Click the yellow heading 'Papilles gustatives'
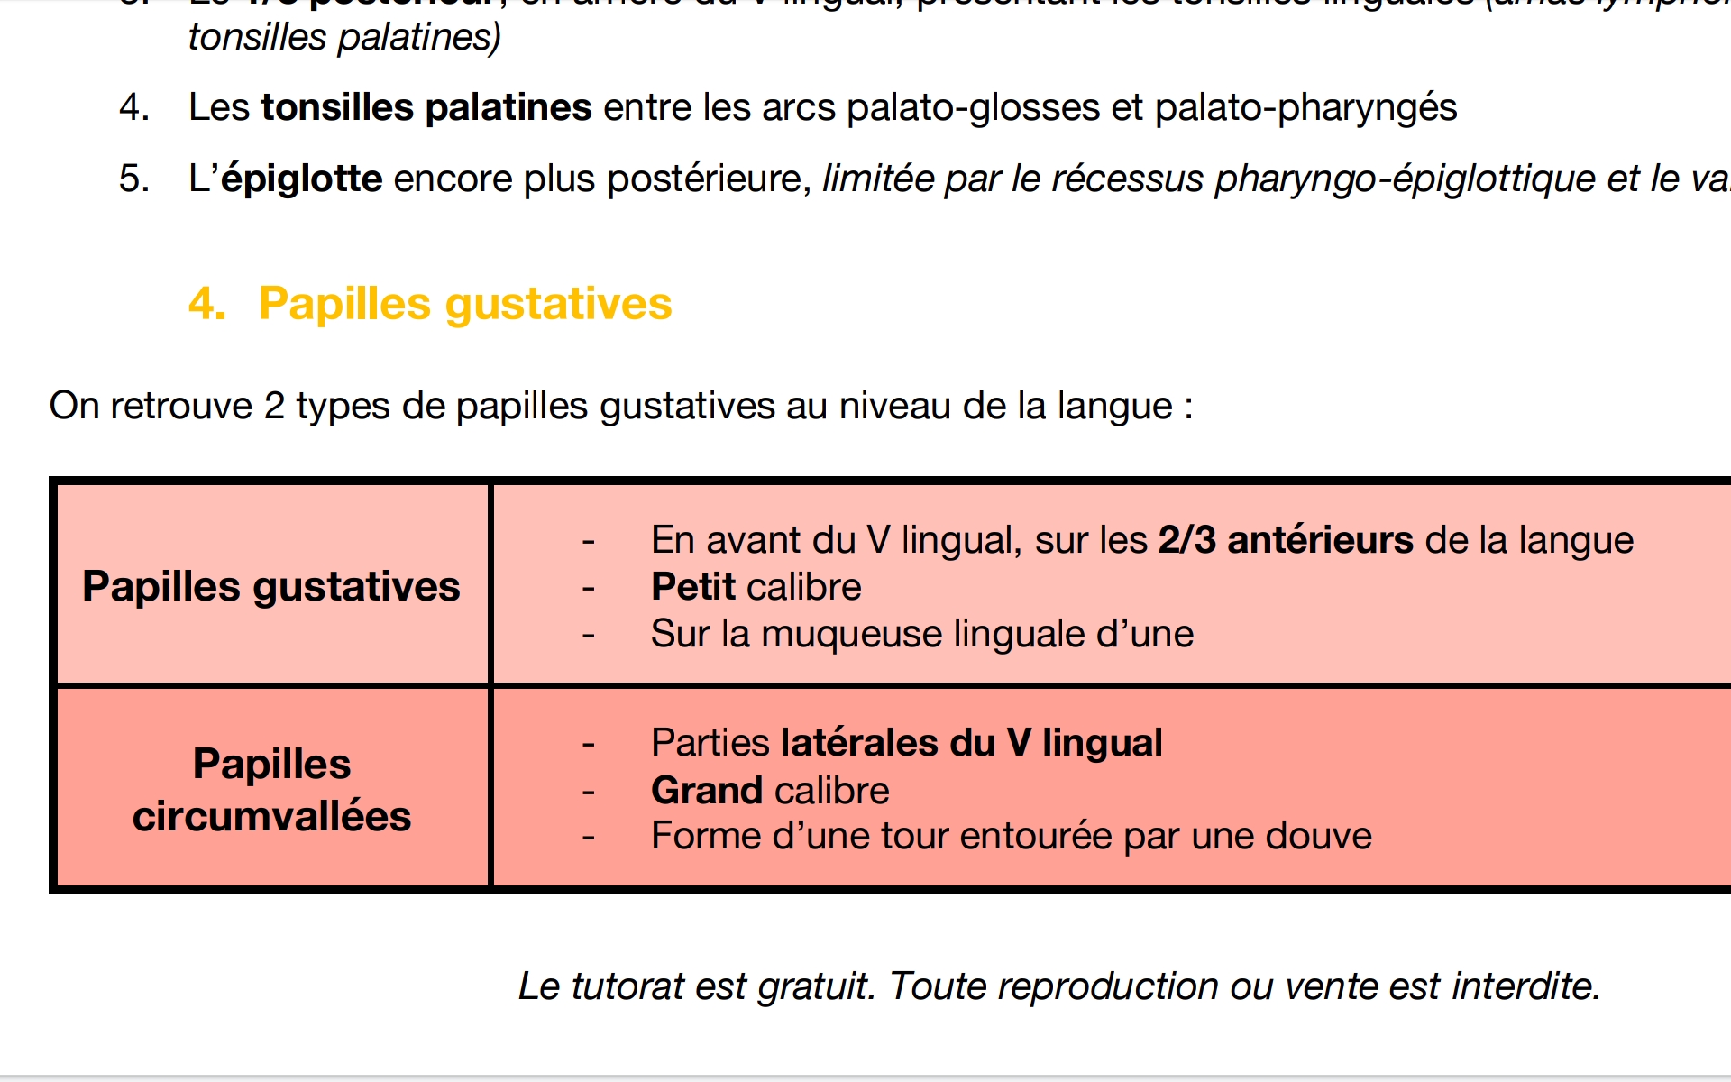(465, 304)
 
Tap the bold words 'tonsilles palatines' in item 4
(426, 108)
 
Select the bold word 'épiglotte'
(302, 179)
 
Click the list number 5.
(133, 179)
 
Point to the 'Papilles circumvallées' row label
(271, 790)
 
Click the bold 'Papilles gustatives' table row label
(271, 587)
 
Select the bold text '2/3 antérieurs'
(1286, 541)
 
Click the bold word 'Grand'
(709, 791)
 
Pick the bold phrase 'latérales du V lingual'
(971, 744)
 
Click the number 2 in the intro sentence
(274, 407)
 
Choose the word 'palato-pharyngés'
(1305, 108)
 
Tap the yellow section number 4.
(206, 304)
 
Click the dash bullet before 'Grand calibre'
(589, 792)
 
